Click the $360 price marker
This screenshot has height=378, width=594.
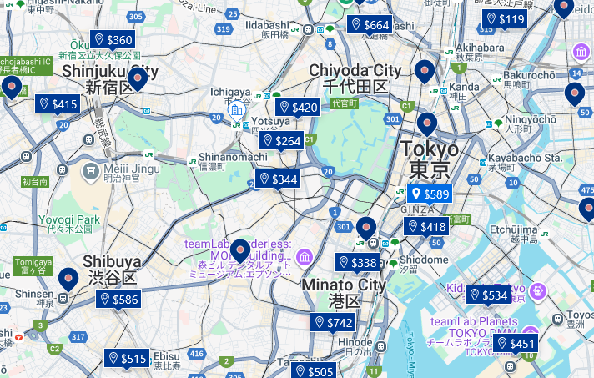tap(113, 40)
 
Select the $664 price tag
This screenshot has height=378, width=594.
tap(370, 25)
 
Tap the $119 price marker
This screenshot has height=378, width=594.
tap(506, 19)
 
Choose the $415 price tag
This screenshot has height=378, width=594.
tap(58, 104)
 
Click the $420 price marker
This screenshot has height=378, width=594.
tap(299, 107)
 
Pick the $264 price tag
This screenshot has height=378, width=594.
tap(281, 141)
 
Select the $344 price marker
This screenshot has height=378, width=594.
tap(278, 179)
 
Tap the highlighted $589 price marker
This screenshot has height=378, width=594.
tap(430, 194)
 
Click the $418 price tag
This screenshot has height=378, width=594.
tap(426, 227)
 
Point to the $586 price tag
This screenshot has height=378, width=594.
tap(118, 300)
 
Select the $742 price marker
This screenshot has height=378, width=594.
tap(334, 323)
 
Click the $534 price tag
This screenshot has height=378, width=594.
tap(488, 295)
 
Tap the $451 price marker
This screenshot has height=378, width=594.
tap(516, 344)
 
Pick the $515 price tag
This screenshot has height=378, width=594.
tap(127, 359)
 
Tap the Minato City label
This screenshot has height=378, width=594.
tap(344, 285)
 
